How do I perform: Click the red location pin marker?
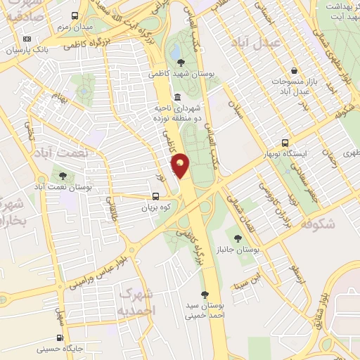tap(181, 165)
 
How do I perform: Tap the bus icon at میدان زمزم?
tap(75, 15)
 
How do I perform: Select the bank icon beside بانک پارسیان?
tap(27, 39)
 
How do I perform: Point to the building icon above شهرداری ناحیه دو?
tap(176, 97)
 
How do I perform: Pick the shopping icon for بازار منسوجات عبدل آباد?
tap(296, 70)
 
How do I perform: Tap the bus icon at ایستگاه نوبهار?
tap(285, 141)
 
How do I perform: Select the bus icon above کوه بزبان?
tap(157, 197)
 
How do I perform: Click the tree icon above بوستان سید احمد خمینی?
tap(205, 295)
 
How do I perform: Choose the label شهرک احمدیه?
tap(136, 300)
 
